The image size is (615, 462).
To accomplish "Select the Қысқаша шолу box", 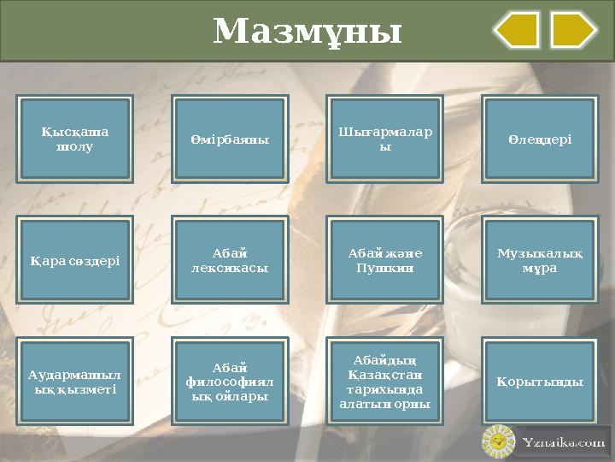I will point(76,139).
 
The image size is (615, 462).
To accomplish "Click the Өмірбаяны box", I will point(229,139).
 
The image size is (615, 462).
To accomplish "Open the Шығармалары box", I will point(384,139).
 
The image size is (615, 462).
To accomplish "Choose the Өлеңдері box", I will point(539,139).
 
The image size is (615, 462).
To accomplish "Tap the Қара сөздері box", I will point(76,260).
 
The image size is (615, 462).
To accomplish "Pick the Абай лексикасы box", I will point(229,260).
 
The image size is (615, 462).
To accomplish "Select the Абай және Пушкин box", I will point(384,260).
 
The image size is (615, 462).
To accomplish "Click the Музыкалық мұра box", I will point(539,260).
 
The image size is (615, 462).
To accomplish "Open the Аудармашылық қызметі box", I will point(76,382).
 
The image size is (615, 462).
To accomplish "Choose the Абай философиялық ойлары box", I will point(229,382).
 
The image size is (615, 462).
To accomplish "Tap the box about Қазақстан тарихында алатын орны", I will point(384,382).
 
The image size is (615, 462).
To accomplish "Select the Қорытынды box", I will point(539,382).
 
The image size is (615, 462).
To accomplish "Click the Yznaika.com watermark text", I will point(564,442).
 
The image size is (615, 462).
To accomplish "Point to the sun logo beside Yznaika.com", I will point(497,441).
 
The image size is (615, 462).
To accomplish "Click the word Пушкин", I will point(384,268).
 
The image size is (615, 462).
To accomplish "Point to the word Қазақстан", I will point(384,375).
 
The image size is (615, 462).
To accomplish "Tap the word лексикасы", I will point(229,268).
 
